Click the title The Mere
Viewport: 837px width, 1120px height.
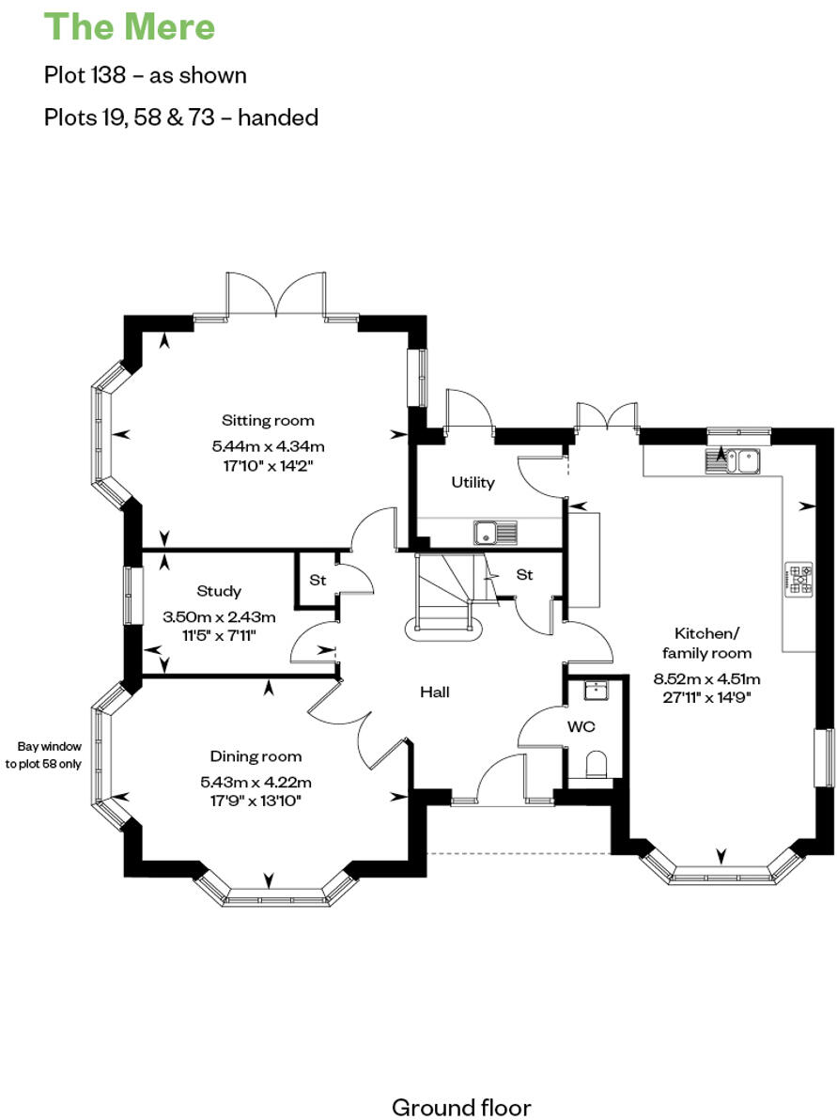click(x=130, y=27)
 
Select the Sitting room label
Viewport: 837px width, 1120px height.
click(x=268, y=420)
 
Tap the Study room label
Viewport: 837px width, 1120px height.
click(x=219, y=591)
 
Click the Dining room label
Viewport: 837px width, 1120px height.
click(x=256, y=756)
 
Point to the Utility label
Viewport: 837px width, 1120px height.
click(x=473, y=482)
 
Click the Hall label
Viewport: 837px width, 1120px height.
click(x=434, y=692)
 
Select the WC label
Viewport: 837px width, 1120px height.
click(x=581, y=727)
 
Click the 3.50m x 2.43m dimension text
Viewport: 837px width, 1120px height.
click(x=219, y=617)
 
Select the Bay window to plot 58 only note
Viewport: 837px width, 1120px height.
click(x=43, y=755)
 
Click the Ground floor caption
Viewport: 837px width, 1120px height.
click(x=461, y=1107)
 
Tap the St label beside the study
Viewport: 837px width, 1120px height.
click(x=318, y=581)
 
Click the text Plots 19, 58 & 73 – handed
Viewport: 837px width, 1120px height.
click(x=181, y=117)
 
